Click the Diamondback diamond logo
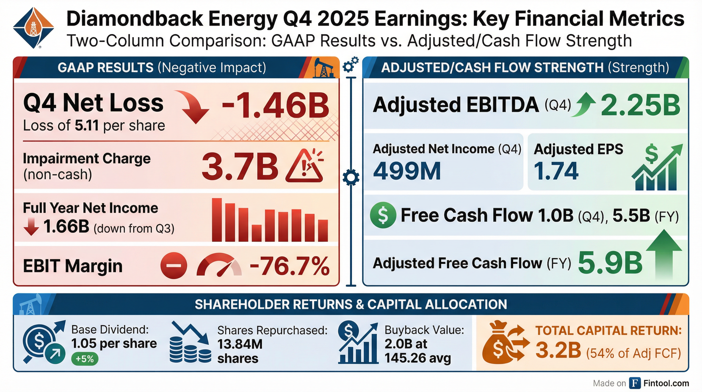[33, 28]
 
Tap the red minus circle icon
[174, 265]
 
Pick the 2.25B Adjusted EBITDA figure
[641, 105]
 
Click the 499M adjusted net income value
[407, 171]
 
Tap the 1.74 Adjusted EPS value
[556, 171]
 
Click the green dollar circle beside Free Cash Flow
[383, 215]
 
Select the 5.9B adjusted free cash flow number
[610, 263]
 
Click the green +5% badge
[84, 359]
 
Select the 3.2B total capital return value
[558, 351]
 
